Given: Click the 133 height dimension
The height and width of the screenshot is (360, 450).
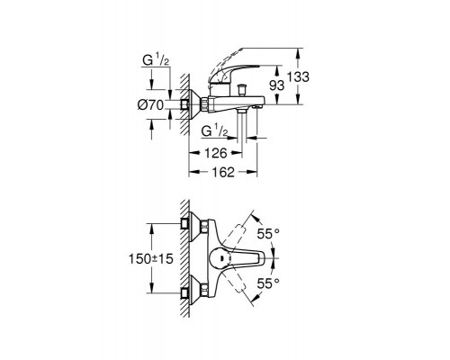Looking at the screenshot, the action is point(298,76).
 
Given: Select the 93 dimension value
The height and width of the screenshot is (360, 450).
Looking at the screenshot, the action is point(276,85).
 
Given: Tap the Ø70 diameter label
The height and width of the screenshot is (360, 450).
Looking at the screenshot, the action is point(150,105).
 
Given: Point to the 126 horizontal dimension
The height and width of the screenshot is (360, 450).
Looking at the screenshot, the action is point(215,153).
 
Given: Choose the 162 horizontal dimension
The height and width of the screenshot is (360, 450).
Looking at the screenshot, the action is point(222,172).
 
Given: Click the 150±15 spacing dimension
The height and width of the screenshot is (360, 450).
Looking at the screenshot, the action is point(151,258).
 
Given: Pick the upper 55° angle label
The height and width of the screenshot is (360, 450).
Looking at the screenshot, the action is point(268,233).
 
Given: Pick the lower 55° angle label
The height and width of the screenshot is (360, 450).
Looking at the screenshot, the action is point(268,283).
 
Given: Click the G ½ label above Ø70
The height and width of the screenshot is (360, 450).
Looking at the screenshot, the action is point(156,60).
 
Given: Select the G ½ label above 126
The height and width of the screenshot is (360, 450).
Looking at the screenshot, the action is point(214,131).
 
